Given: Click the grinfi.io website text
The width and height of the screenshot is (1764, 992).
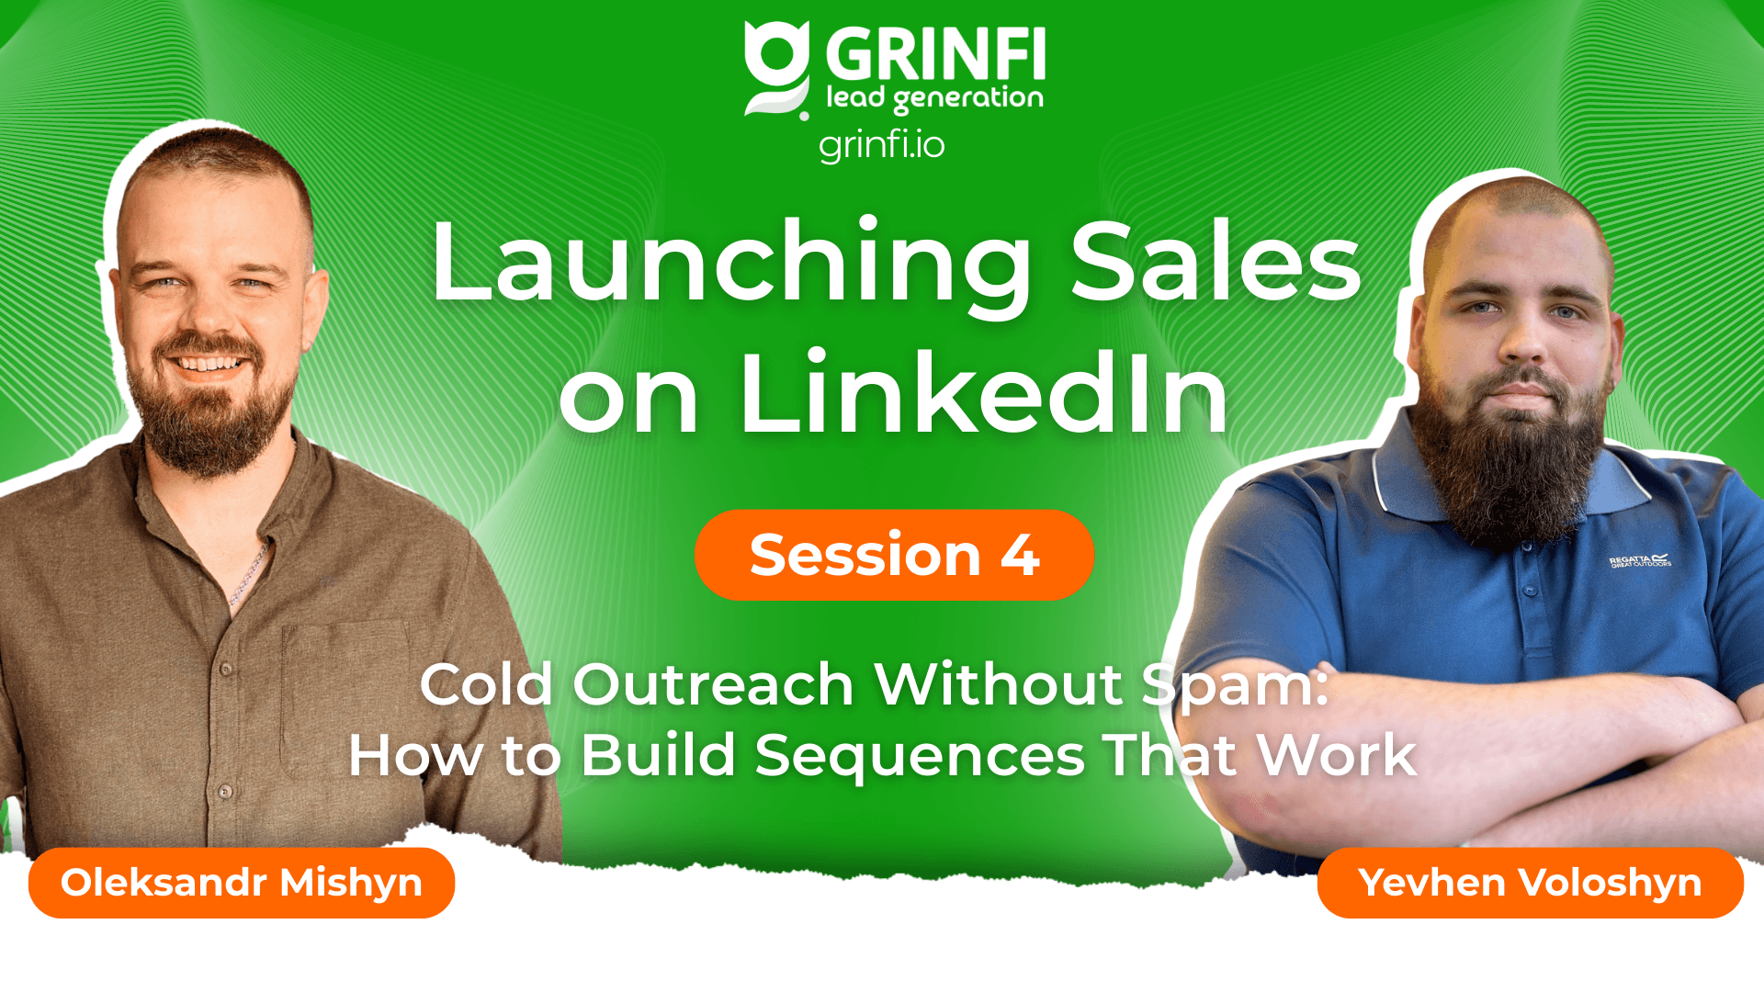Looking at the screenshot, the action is (881, 145).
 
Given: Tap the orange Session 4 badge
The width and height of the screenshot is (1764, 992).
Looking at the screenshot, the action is (894, 555).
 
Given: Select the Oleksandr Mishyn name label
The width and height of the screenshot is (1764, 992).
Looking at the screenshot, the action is (242, 883).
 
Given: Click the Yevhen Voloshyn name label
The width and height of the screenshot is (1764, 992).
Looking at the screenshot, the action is (1530, 883).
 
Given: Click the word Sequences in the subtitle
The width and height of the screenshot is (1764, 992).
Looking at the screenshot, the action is (920, 757).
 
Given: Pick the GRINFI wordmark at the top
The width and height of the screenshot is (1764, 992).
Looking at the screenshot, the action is (935, 55).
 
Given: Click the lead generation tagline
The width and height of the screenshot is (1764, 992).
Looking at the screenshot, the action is (934, 97).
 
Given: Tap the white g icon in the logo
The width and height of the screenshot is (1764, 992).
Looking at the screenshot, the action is (777, 70).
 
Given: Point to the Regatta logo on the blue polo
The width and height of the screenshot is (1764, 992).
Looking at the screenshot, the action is (1640, 560).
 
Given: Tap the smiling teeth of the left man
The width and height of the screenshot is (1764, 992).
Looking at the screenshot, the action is (209, 364).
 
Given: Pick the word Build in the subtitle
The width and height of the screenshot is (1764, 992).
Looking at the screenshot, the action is (658, 755).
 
